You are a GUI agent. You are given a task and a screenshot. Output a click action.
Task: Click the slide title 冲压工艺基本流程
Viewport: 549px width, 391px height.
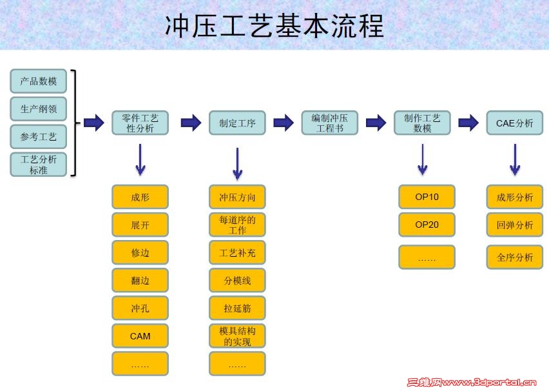click(274, 26)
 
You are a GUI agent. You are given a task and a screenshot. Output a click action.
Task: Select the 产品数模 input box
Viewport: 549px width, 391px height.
click(39, 81)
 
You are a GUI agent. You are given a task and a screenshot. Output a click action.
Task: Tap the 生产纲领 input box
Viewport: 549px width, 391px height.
click(39, 109)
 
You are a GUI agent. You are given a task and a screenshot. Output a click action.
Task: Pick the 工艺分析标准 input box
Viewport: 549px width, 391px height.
click(39, 165)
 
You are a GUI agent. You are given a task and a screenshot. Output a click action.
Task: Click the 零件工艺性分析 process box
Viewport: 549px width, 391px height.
click(140, 123)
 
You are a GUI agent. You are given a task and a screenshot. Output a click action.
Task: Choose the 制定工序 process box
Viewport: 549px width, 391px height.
click(237, 123)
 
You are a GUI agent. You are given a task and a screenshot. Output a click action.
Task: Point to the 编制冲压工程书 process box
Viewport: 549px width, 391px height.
click(329, 123)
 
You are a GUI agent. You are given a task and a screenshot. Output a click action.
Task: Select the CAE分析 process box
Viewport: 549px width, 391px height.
click(514, 123)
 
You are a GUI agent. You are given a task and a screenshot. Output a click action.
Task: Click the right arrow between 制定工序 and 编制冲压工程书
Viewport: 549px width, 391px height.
click(284, 123)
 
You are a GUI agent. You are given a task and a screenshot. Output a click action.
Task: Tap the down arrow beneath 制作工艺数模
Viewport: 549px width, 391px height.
click(422, 159)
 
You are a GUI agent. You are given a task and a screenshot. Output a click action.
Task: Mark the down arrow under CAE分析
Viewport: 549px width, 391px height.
click(514, 159)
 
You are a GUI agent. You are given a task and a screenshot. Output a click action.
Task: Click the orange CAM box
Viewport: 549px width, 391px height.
click(140, 336)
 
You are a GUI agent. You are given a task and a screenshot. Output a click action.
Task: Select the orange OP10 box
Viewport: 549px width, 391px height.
click(427, 197)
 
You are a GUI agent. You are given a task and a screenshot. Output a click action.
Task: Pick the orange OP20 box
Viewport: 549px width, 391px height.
click(427, 225)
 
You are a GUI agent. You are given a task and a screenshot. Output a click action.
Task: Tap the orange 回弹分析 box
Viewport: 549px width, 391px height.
click(514, 225)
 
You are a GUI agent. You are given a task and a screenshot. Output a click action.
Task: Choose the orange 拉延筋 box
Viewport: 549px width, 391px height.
click(237, 308)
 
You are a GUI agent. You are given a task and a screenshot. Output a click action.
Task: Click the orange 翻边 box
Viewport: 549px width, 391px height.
click(140, 281)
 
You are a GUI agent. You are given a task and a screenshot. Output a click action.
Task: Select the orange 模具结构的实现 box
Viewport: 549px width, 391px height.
click(237, 336)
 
